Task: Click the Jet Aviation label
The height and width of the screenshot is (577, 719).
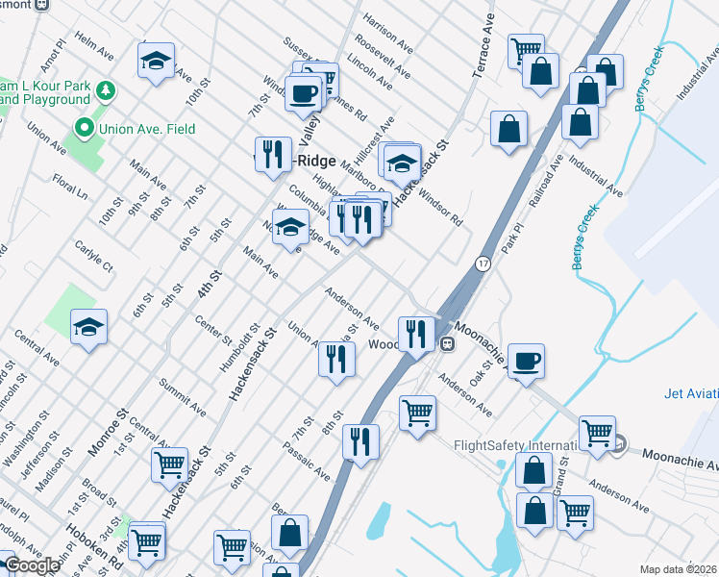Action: click(691, 393)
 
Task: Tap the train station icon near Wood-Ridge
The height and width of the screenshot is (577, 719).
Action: click(446, 344)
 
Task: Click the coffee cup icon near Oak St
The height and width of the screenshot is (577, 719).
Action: click(526, 362)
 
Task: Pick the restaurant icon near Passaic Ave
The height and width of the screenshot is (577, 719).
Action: click(361, 442)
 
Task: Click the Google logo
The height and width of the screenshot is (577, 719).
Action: click(31, 565)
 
